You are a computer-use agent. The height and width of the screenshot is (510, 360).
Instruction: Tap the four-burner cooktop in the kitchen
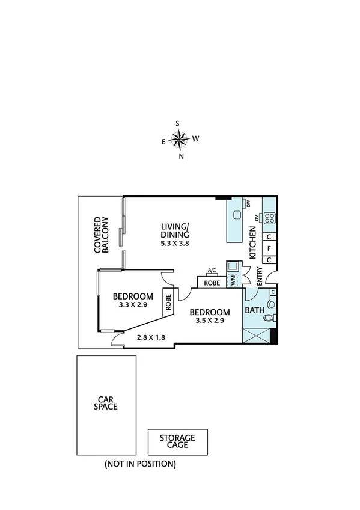click(269, 218)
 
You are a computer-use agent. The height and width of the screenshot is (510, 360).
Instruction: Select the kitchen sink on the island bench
click(237, 215)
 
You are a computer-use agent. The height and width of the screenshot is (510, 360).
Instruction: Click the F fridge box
click(270, 248)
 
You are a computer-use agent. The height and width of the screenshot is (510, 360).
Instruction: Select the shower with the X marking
click(256, 336)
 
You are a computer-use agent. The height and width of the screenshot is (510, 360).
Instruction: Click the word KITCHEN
click(253, 243)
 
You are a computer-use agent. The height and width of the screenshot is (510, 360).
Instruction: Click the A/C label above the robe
click(211, 270)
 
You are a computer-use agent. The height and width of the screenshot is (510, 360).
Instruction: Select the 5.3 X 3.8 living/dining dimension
click(175, 244)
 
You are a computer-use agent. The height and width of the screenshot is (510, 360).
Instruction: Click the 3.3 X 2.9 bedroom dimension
click(133, 305)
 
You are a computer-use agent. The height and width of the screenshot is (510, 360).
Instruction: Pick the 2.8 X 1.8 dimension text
click(151, 338)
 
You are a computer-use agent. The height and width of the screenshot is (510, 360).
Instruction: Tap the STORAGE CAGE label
click(178, 441)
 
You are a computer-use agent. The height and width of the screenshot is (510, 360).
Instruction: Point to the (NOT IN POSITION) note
click(139, 464)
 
